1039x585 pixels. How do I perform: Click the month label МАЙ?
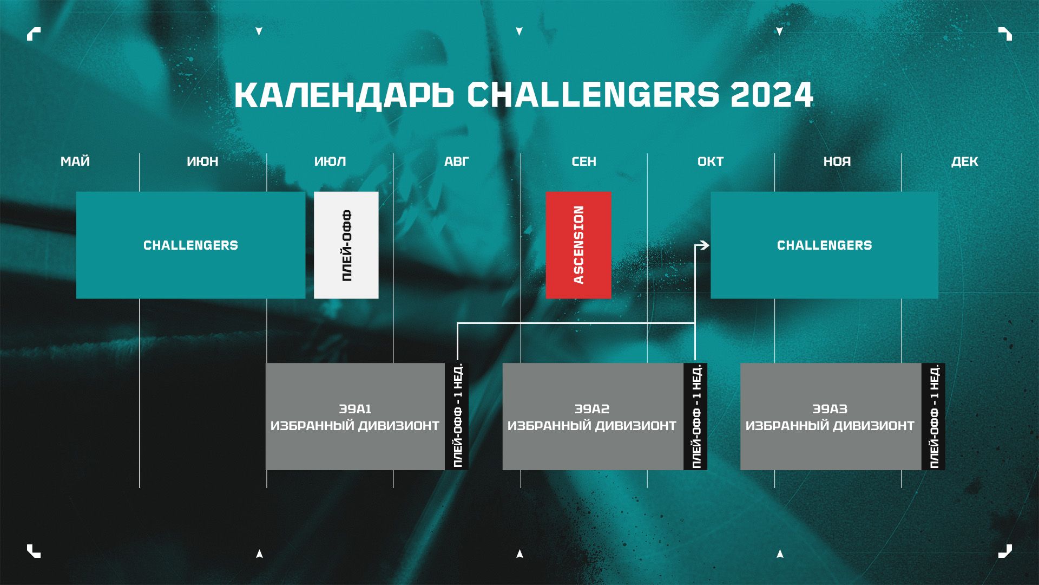75,161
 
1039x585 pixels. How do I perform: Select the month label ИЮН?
202,161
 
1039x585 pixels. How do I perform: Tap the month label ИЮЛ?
330,161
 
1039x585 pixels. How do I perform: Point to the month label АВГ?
457,161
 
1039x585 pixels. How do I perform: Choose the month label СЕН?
584,161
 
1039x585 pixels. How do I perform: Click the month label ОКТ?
711,161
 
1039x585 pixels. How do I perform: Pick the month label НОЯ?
837,161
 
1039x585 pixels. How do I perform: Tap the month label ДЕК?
965,161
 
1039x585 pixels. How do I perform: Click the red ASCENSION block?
578,245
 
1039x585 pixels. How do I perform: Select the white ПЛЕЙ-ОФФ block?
346,245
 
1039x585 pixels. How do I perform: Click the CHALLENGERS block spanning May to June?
190,245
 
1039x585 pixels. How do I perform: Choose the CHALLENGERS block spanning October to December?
824,245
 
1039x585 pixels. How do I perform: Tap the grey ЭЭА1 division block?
355,417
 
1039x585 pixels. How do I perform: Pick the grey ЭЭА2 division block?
593,417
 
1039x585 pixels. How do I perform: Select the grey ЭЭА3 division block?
831,417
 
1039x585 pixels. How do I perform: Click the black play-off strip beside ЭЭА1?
457,417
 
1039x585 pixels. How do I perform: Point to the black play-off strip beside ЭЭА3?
933,417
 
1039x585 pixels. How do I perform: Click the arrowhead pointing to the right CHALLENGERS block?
705,245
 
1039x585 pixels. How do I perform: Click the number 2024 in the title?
772,95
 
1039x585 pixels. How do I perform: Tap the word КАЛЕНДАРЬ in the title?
344,95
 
